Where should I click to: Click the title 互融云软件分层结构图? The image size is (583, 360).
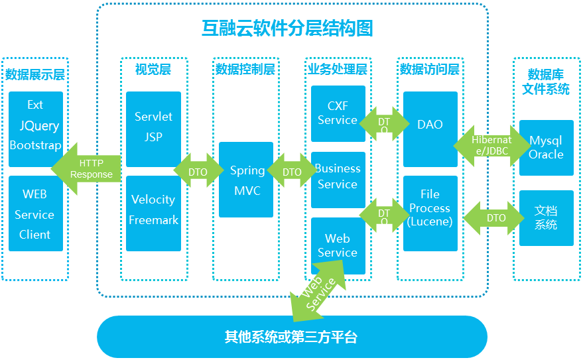click(287, 29)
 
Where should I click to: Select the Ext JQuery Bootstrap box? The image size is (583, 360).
click(36, 125)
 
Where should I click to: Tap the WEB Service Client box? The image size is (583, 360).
click(36, 214)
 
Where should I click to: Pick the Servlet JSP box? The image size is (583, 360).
click(153, 127)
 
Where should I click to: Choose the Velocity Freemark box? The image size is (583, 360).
click(153, 210)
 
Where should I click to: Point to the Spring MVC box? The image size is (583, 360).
click(246, 180)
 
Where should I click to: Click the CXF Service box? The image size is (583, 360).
click(338, 113)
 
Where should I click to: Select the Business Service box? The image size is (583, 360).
click(338, 178)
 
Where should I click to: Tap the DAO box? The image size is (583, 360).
click(430, 126)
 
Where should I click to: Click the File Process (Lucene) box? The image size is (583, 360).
click(430, 208)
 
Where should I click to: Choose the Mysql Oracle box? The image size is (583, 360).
click(546, 148)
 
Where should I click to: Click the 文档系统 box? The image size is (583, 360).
click(546, 218)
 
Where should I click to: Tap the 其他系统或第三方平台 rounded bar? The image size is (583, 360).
click(292, 337)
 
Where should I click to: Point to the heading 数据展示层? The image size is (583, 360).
click(35, 74)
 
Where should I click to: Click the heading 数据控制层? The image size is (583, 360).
click(245, 69)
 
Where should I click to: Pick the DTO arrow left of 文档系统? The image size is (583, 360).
click(495, 218)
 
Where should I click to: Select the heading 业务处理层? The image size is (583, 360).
click(338, 69)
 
